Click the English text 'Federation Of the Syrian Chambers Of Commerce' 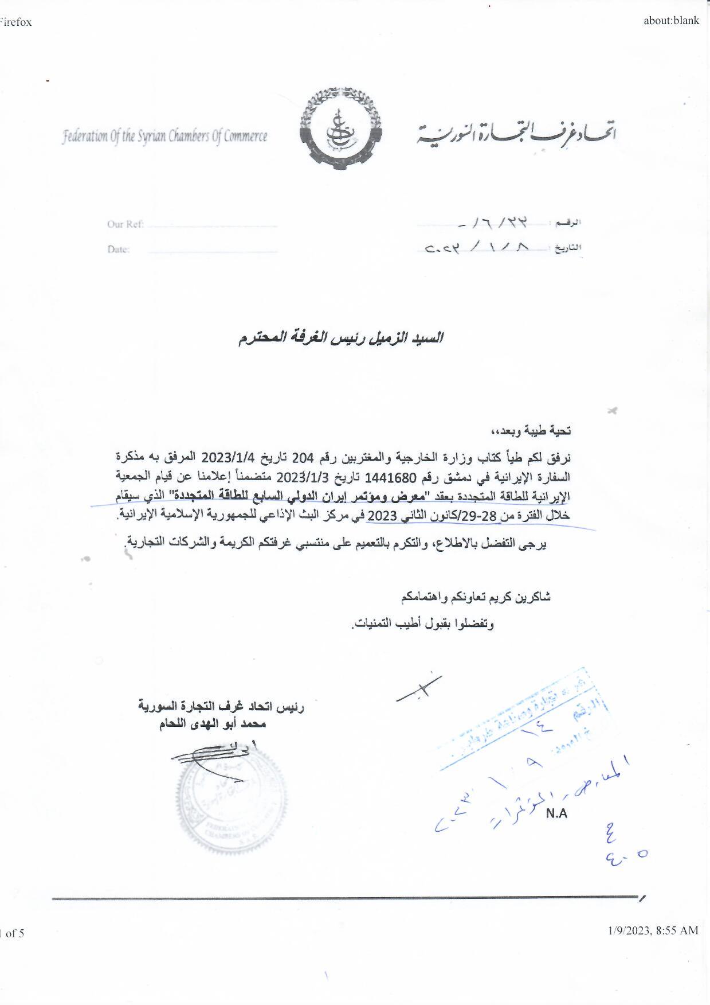[x=165, y=137]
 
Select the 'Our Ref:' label [x=125, y=224]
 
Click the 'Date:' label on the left [x=119, y=250]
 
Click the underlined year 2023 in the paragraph [x=381, y=516]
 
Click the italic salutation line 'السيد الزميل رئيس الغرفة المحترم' [x=340, y=338]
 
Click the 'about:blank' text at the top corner [x=671, y=21]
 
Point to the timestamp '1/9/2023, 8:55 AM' [x=653, y=930]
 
